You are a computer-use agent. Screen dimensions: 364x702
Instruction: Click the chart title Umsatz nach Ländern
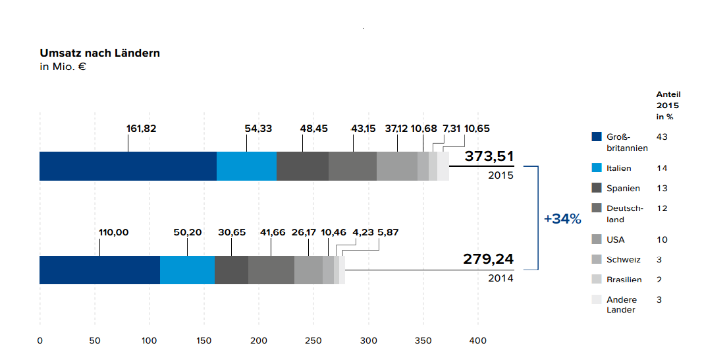[99, 53]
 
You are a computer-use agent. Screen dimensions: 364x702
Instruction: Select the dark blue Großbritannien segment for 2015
[128, 166]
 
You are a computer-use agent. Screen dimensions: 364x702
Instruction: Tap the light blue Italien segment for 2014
[187, 270]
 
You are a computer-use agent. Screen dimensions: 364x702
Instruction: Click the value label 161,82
[141, 129]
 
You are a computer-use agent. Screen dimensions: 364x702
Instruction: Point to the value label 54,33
[258, 129]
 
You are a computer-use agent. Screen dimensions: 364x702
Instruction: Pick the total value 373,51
[489, 156]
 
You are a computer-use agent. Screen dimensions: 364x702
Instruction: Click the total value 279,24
[489, 258]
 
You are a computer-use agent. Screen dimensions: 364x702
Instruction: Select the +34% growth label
[562, 219]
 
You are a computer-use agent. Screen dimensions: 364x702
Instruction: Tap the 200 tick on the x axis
[259, 341]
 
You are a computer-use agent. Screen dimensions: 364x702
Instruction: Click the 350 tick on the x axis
[423, 341]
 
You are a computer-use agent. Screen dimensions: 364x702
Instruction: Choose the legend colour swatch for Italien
[597, 168]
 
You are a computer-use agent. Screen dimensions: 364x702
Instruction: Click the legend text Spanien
[623, 189]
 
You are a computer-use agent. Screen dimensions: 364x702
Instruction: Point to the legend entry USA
[615, 239]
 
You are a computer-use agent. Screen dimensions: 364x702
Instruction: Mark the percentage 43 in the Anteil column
[662, 136]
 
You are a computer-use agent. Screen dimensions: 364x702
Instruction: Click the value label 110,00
[113, 232]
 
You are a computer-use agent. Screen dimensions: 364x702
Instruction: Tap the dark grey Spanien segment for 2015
[302, 166]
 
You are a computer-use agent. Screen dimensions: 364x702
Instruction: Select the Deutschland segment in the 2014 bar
[271, 270]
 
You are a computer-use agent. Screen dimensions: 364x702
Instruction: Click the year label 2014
[500, 278]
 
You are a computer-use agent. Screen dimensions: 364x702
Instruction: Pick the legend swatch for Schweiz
[597, 259]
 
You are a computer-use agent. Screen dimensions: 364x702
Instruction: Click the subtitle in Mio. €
[64, 67]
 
